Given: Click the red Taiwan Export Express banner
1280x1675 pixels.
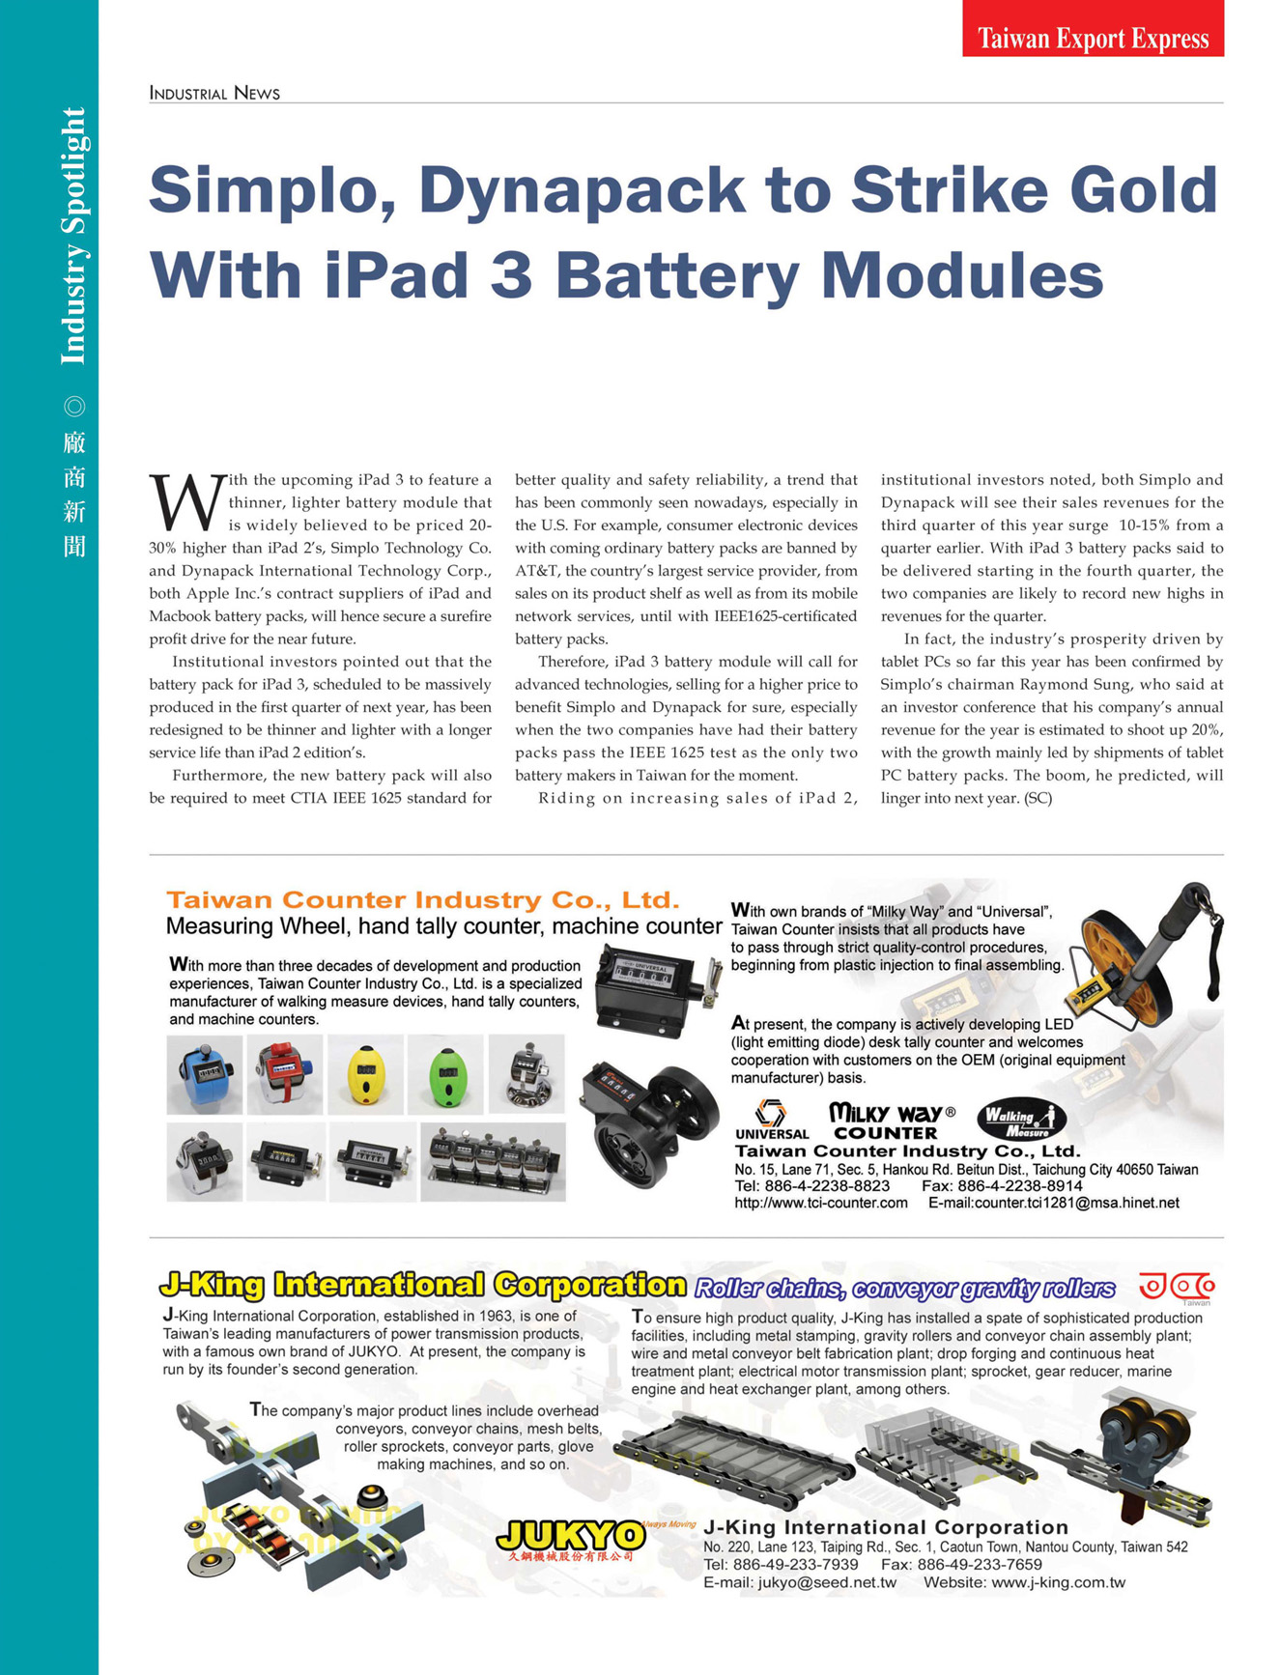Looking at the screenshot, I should (1093, 29).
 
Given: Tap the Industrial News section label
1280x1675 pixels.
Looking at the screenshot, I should (214, 93).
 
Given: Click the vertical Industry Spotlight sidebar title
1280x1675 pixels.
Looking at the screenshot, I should (74, 237).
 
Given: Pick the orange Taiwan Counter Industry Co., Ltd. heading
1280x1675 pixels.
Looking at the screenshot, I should (422, 899).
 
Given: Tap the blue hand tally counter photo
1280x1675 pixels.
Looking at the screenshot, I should (204, 1074).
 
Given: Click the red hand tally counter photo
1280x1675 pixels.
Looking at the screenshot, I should (284, 1074).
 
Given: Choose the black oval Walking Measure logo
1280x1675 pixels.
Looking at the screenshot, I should (1021, 1121).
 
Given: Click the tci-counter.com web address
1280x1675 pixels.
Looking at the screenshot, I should (821, 1203).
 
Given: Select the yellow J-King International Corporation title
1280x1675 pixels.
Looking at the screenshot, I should (422, 1285).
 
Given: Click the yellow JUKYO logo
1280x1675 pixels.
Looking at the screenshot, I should (570, 1535).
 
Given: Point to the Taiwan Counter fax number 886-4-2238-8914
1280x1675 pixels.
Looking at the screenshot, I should (1022, 1185).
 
